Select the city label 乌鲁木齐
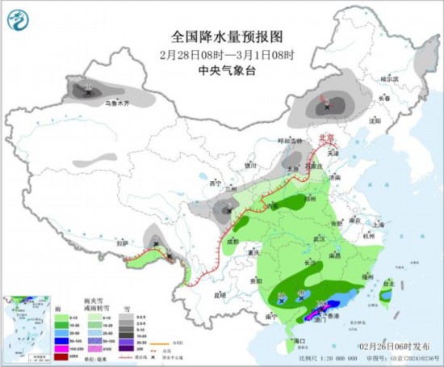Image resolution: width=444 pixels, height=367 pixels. pos(116,103)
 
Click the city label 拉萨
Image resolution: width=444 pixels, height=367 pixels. pos(122,243)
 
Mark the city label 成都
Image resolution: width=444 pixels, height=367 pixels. pos(232,240)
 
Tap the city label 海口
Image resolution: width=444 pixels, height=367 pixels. pos(299,341)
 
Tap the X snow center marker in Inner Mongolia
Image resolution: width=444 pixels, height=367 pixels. pos(327,105)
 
